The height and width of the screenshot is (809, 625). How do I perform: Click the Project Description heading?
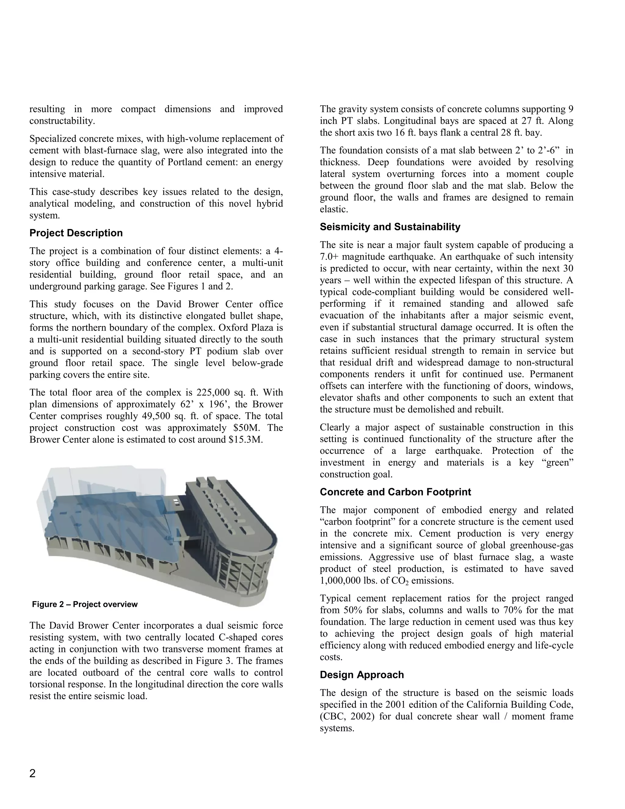pyautogui.click(x=76, y=233)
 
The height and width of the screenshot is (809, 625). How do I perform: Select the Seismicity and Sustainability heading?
pyautogui.click(x=390, y=227)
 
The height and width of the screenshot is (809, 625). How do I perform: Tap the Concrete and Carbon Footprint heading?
pyautogui.click(x=395, y=492)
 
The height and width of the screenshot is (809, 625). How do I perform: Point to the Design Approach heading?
pyautogui.click(x=362, y=675)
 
